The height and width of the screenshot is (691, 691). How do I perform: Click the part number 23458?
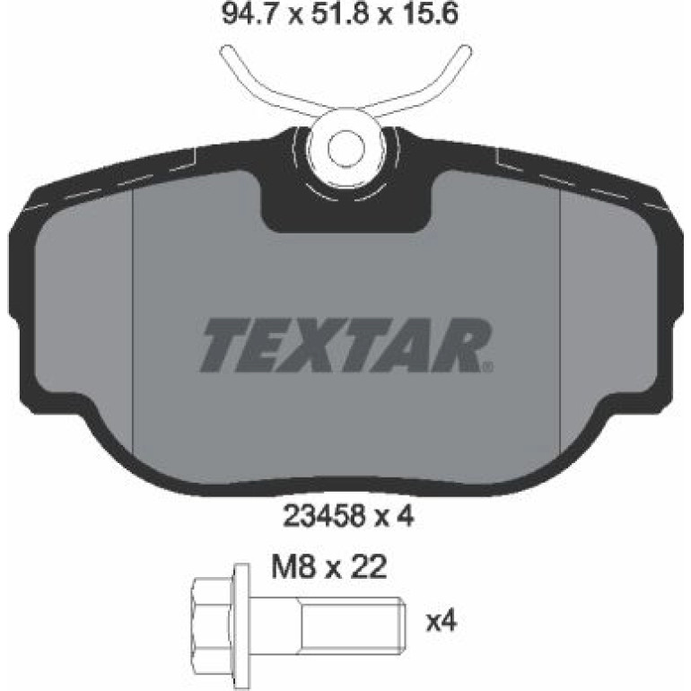coord(325,516)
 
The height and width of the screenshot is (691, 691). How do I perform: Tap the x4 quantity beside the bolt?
coord(442,622)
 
